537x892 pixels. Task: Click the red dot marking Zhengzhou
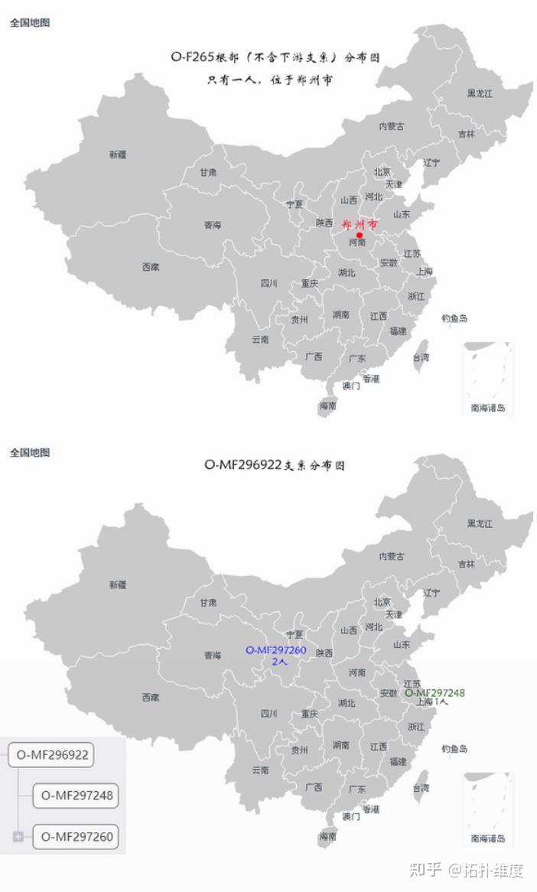pos(360,236)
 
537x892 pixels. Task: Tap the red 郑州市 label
pos(360,225)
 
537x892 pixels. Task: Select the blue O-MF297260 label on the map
pos(275,650)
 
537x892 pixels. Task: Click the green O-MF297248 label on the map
pos(434,693)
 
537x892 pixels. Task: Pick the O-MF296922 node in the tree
pos(52,755)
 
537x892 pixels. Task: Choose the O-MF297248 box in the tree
pos(76,796)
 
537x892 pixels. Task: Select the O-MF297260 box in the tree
pos(76,836)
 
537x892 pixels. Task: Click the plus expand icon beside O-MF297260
pos(18,836)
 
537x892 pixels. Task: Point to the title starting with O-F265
pos(275,57)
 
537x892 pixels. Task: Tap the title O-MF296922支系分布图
pos(274,465)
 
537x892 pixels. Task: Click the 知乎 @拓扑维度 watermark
pos(466,870)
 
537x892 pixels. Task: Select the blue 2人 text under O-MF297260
pos(279,662)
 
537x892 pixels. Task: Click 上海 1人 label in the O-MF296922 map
pos(432,702)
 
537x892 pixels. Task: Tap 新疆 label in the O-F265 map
pos(118,155)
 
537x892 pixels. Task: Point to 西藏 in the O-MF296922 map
pos(151,698)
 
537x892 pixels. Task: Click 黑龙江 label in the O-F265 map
pos(480,93)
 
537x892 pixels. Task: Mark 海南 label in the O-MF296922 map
pos(327,837)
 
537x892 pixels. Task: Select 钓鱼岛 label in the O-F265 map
pos(454,318)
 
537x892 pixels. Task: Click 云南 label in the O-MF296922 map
pos(261,770)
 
